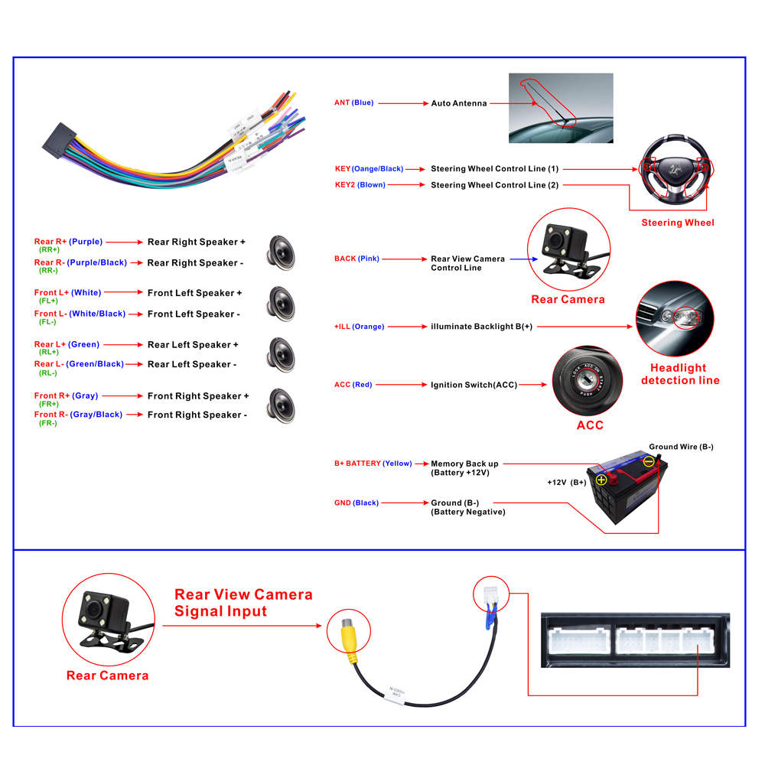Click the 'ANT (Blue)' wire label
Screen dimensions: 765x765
(353, 103)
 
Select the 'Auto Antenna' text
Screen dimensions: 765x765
(458, 103)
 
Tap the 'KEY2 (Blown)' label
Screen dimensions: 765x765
(360, 185)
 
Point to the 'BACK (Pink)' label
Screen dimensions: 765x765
(356, 259)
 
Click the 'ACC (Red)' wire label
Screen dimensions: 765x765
(353, 385)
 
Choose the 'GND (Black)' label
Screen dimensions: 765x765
(356, 503)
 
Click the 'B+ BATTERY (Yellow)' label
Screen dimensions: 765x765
(373, 463)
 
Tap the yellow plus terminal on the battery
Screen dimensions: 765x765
(601, 480)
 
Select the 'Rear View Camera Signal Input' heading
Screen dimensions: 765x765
(243, 603)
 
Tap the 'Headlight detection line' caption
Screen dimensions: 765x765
(679, 374)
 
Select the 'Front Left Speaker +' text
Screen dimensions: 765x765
(194, 293)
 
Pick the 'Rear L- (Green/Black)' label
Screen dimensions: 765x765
(79, 364)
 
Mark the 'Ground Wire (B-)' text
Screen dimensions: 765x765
(681, 447)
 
